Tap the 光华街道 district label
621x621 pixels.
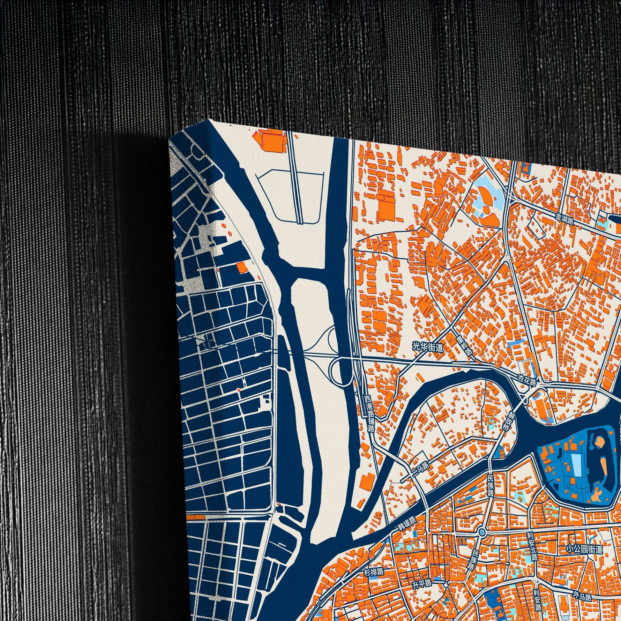click(428, 347)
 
